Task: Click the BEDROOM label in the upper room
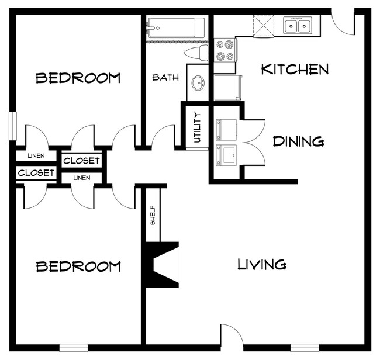[x=78, y=78]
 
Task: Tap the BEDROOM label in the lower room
[x=78, y=267]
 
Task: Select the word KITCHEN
[x=295, y=70]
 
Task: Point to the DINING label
[x=299, y=141]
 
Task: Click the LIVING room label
[x=262, y=265]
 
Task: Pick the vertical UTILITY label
[x=197, y=127]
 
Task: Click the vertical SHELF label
[x=153, y=215]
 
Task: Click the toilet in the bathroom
[x=196, y=54]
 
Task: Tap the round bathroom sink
[x=199, y=83]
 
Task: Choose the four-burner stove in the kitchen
[x=224, y=50]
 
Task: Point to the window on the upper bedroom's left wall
[x=12, y=125]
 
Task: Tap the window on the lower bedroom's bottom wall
[x=74, y=347]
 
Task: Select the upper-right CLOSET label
[x=81, y=161]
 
